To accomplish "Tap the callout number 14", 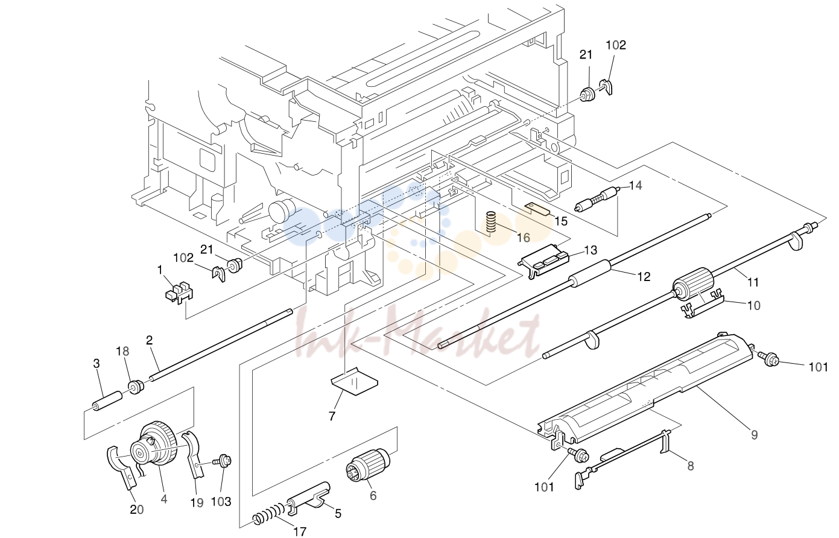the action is click(635, 185).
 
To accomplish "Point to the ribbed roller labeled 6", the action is click(368, 464).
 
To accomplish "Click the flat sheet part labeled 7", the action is click(354, 381).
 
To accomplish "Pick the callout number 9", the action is click(755, 435).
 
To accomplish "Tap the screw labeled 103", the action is click(222, 461).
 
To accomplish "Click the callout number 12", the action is click(644, 276).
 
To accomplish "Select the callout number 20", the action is click(137, 510).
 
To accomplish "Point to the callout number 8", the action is click(691, 466).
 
